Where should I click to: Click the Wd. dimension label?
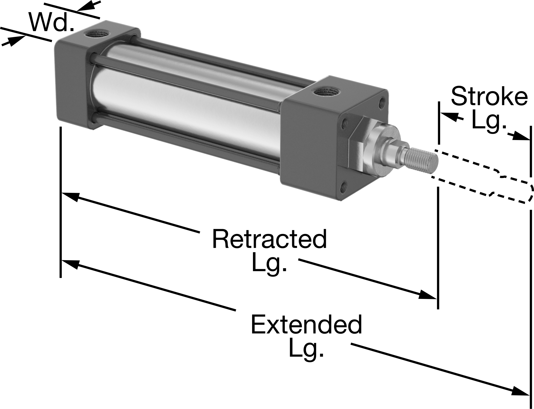pyautogui.click(x=51, y=22)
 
